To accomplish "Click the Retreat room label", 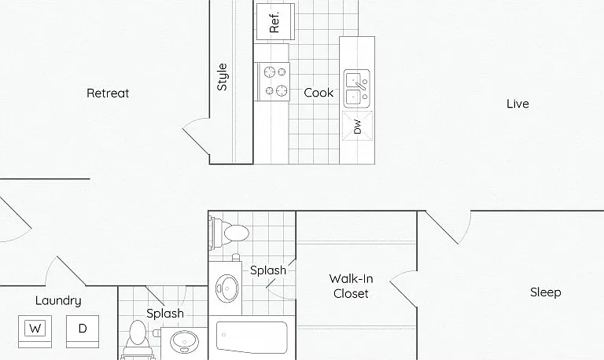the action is click(x=108, y=94).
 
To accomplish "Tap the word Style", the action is click(x=223, y=77).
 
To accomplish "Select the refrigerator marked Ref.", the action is click(x=275, y=21).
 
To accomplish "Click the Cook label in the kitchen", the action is click(x=319, y=93).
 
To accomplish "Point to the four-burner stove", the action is click(x=274, y=82).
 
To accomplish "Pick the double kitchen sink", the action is click(x=357, y=89).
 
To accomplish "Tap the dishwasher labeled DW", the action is click(x=358, y=126).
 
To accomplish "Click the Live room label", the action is click(x=517, y=104).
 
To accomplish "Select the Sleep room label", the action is click(x=546, y=292).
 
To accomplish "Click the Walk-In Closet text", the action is click(x=351, y=286).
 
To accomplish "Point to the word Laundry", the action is click(x=58, y=301).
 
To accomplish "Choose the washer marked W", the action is click(x=35, y=332).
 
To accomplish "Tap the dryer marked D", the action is click(x=83, y=332).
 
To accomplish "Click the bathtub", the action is click(x=252, y=337).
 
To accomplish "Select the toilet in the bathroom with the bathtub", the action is click(x=229, y=232).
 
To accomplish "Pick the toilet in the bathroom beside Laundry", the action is click(x=138, y=339).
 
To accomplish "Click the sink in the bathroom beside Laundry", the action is click(x=184, y=341).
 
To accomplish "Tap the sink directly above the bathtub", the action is click(x=226, y=288).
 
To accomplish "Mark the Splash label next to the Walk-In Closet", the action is click(x=268, y=270).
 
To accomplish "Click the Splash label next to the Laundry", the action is click(x=165, y=314).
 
